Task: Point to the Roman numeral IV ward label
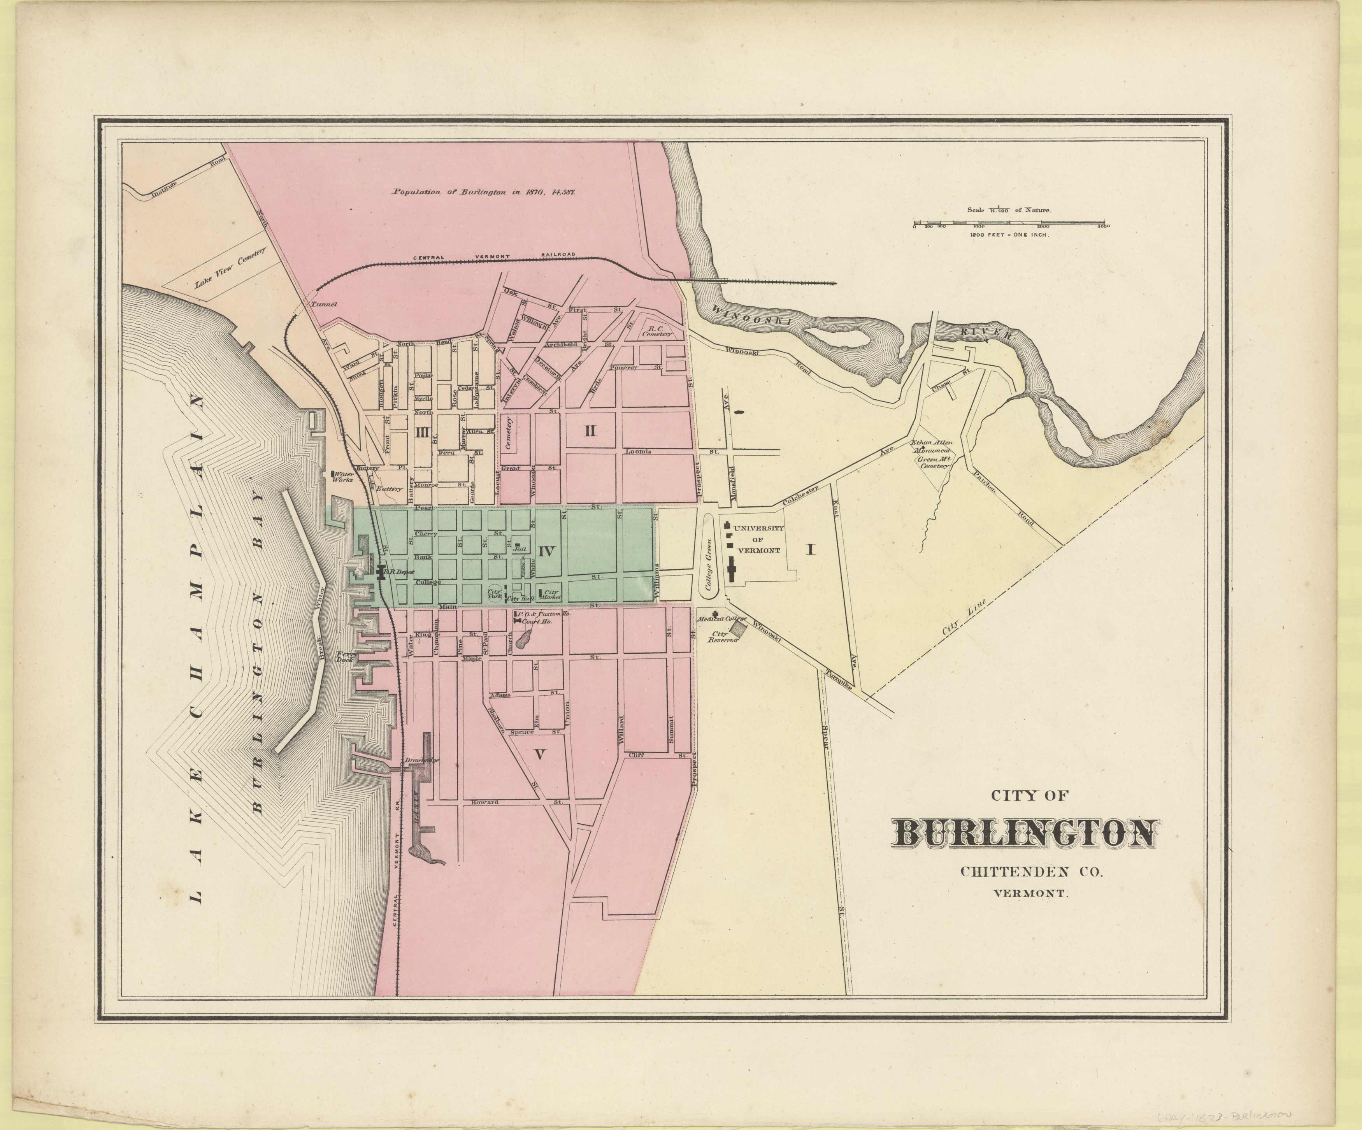[546, 551]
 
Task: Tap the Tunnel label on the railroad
[320, 304]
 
